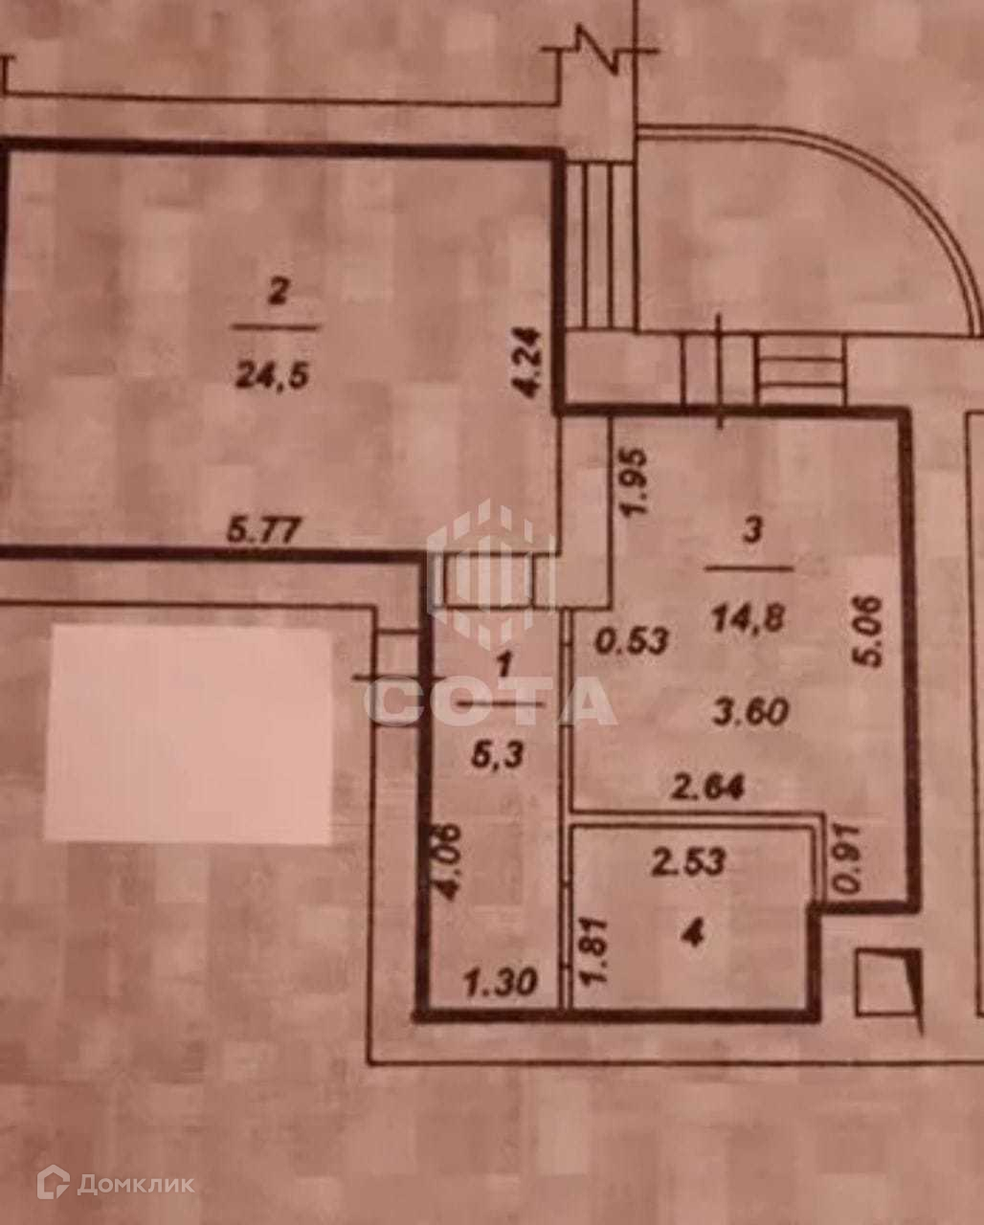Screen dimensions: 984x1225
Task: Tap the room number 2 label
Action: point(277,294)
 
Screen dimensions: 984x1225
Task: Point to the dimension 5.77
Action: point(261,527)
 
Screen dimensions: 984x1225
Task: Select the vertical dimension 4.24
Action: point(534,367)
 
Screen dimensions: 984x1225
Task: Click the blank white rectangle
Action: point(189,734)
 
